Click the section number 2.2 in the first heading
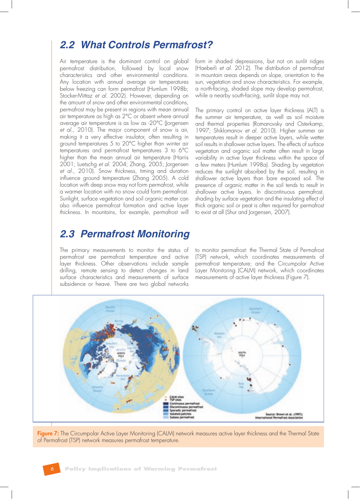[67, 45]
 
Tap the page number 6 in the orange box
[52, 469]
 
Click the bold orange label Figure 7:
[48, 433]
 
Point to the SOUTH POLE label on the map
[242, 354]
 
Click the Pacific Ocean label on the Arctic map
[110, 308]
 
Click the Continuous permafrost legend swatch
[166, 404]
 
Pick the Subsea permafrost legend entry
[182, 417]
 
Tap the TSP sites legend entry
[175, 400]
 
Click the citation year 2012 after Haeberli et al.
[241, 68]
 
